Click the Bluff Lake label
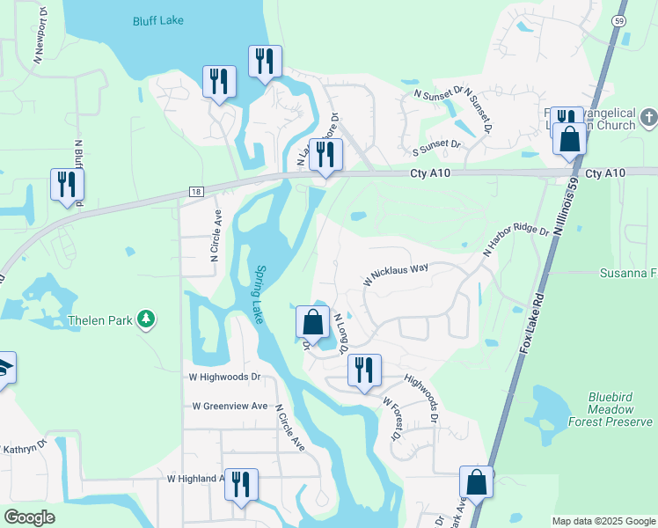tap(158, 20)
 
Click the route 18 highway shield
tap(195, 192)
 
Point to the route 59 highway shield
tap(619, 19)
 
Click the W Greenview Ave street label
tap(230, 406)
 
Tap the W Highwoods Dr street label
tap(225, 377)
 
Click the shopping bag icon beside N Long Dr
tap(312, 322)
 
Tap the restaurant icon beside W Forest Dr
tap(364, 370)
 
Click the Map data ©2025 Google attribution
tap(603, 521)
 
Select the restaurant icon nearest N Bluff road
tap(66, 185)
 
